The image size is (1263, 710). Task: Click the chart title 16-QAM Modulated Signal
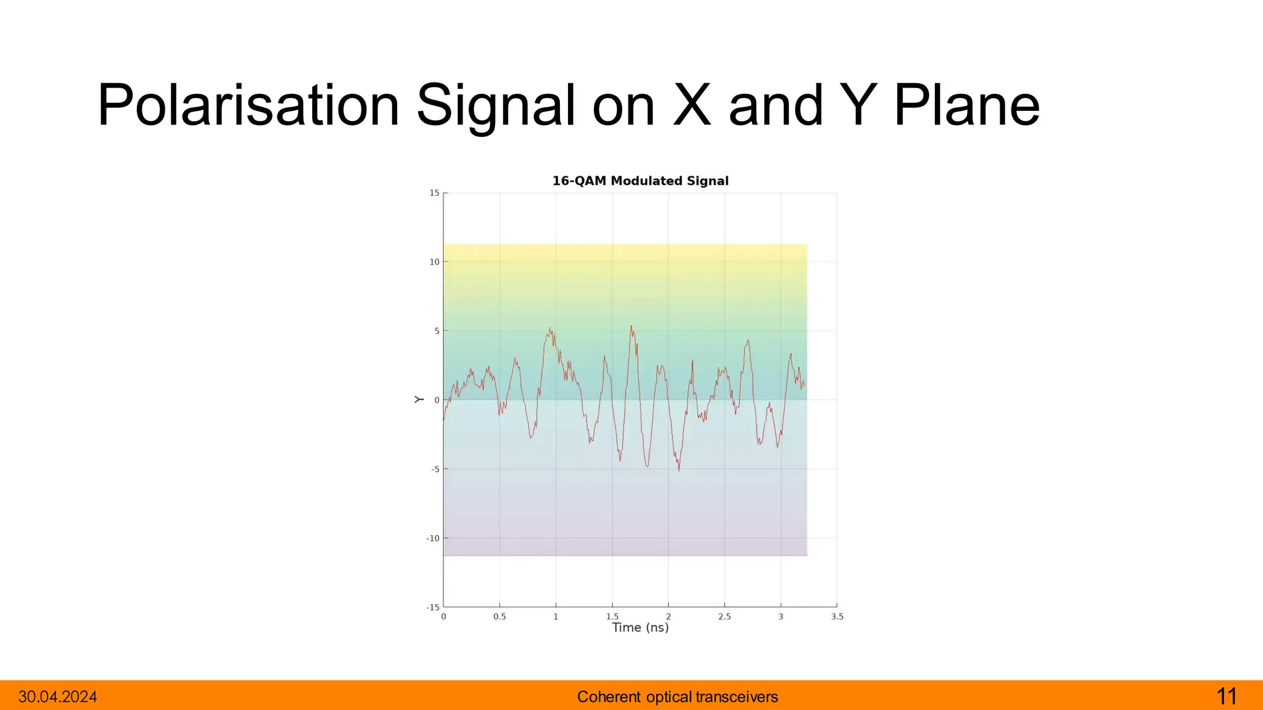click(x=640, y=181)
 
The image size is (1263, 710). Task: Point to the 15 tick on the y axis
click(x=435, y=193)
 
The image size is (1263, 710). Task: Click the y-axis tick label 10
click(x=435, y=262)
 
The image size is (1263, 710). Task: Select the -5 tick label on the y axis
click(x=435, y=469)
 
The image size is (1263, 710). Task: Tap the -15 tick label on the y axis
click(x=433, y=607)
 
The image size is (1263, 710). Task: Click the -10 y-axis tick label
click(x=433, y=538)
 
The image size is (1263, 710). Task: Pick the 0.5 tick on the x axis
click(x=500, y=616)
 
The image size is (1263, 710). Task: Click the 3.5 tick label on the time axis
click(x=837, y=616)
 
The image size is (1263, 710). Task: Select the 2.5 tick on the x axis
click(x=725, y=616)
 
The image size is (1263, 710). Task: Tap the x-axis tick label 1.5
click(x=612, y=616)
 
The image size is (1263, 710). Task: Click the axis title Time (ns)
click(x=640, y=627)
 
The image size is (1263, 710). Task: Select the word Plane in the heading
click(x=966, y=106)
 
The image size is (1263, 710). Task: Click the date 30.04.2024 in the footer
click(x=58, y=697)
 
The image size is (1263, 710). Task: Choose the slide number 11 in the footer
click(x=1227, y=696)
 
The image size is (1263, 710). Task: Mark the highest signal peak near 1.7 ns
click(x=631, y=326)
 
